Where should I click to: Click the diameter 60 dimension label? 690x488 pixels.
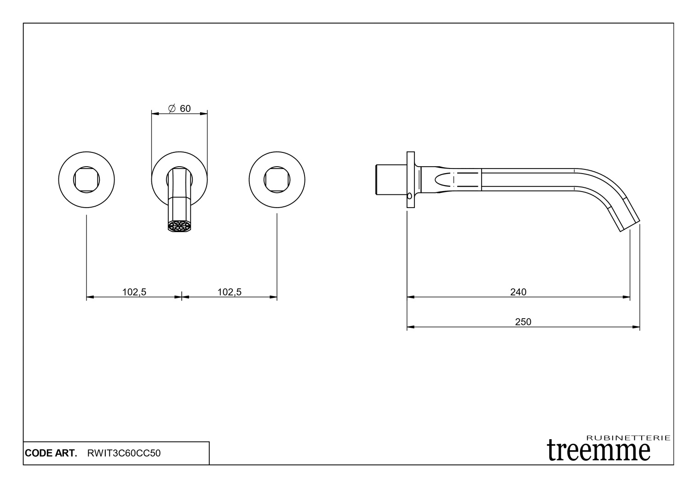[179, 109]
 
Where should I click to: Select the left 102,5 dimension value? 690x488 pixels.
[134, 292]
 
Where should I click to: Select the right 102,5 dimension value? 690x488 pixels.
[229, 292]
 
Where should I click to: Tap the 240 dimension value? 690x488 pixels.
[518, 292]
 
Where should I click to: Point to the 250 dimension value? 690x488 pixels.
[523, 322]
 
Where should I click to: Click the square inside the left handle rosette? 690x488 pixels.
[86, 179]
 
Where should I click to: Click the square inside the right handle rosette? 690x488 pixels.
[276, 179]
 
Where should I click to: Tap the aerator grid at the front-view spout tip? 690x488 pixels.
[179, 227]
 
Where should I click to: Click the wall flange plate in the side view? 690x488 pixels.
[410, 180]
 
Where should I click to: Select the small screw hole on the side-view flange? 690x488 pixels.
[409, 195]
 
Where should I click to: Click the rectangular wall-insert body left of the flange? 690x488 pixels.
[391, 179]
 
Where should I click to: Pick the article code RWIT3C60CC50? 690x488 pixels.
[124, 453]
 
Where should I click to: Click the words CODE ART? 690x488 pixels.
[51, 453]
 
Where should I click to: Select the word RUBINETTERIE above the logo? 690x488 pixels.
[629, 438]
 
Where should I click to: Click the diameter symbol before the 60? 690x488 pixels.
[172, 109]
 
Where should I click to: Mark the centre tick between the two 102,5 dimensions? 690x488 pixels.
[182, 297]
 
